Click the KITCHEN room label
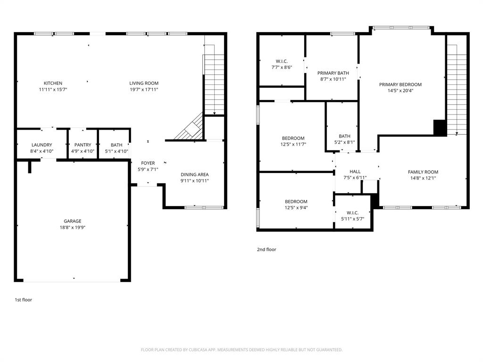(53, 83)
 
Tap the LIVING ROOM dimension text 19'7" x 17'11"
(144, 90)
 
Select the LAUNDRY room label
(42, 145)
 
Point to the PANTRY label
(83, 145)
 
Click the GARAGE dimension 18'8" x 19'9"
(72, 228)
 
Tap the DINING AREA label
(194, 174)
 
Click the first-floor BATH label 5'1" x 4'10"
(117, 145)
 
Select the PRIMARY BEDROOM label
(400, 85)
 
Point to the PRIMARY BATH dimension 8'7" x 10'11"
(333, 79)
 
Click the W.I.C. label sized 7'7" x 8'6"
(282, 61)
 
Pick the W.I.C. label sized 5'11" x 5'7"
(352, 213)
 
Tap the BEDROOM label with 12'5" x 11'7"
(293, 138)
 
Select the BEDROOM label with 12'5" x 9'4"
(296, 201)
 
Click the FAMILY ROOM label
(423, 172)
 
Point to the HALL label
(355, 172)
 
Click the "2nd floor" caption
(266, 249)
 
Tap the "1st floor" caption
(23, 300)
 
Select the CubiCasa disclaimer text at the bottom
(241, 350)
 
